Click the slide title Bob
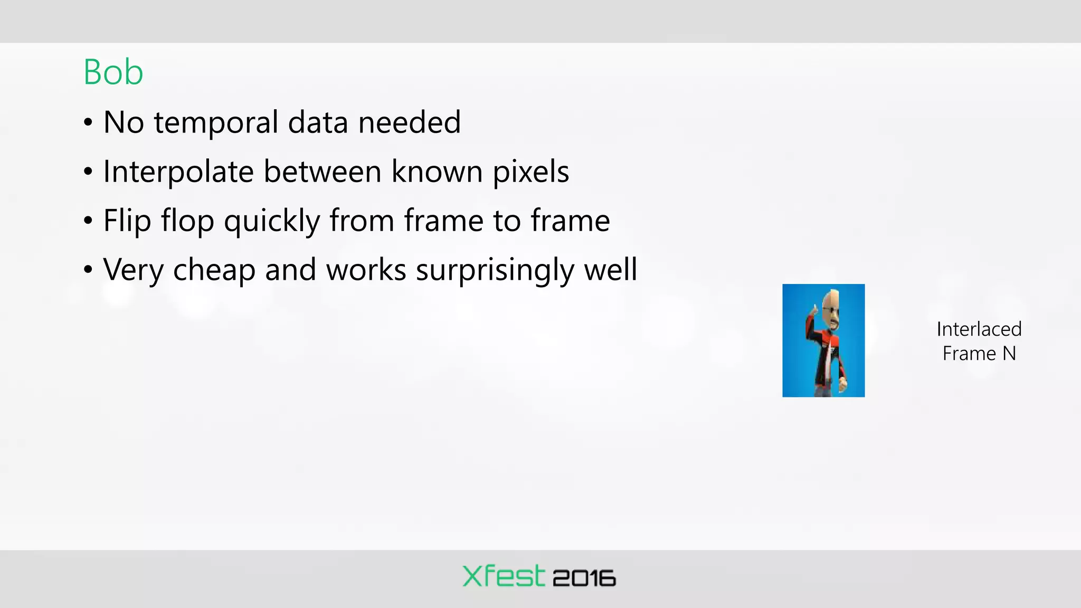113,72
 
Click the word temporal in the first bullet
216,123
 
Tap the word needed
409,122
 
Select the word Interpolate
178,172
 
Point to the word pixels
530,172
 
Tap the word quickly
271,221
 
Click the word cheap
214,271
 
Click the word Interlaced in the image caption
979,329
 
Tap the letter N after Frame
1009,354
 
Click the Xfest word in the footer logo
503,576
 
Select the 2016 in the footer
584,578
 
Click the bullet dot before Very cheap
88,270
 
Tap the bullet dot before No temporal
88,122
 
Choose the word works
366,270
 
